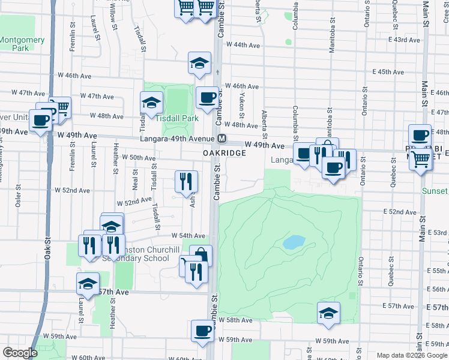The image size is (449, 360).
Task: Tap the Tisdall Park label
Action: click(x=178, y=118)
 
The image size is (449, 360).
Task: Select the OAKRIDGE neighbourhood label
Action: click(x=224, y=153)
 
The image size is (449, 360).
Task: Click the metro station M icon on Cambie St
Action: click(x=222, y=139)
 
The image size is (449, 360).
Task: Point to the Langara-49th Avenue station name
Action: click(x=178, y=139)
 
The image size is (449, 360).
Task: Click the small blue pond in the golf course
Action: click(x=292, y=242)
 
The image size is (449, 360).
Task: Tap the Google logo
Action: click(x=20, y=353)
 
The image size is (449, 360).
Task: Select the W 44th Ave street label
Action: click(x=243, y=45)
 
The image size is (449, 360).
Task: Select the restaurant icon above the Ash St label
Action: click(x=186, y=181)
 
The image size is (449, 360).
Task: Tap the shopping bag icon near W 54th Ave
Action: click(x=201, y=254)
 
